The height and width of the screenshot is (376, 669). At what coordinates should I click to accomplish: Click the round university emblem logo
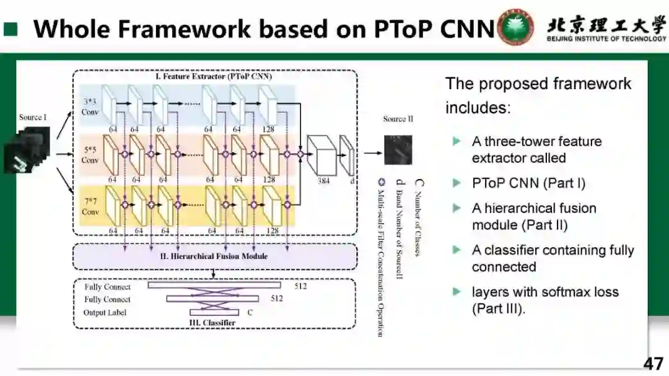(x=516, y=27)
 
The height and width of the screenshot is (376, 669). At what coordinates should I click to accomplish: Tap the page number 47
(x=653, y=363)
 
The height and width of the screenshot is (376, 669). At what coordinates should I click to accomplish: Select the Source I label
(x=33, y=117)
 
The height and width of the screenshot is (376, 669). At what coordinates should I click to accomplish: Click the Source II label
(x=398, y=119)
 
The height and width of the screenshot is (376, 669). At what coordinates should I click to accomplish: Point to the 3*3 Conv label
(x=90, y=107)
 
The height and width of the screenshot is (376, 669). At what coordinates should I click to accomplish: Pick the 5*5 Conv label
(x=90, y=155)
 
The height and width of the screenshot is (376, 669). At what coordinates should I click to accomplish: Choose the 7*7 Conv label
(x=90, y=207)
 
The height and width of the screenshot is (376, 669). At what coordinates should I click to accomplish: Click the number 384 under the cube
(x=323, y=180)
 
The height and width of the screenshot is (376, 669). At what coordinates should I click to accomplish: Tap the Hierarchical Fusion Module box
(x=214, y=256)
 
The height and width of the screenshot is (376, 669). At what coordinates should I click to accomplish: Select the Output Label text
(x=105, y=313)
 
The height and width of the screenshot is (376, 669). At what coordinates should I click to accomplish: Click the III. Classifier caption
(x=211, y=323)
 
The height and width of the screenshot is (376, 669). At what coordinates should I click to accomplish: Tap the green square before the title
(x=11, y=29)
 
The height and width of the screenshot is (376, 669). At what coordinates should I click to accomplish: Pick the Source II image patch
(x=398, y=151)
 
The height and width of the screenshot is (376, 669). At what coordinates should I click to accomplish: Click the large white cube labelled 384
(x=323, y=155)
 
